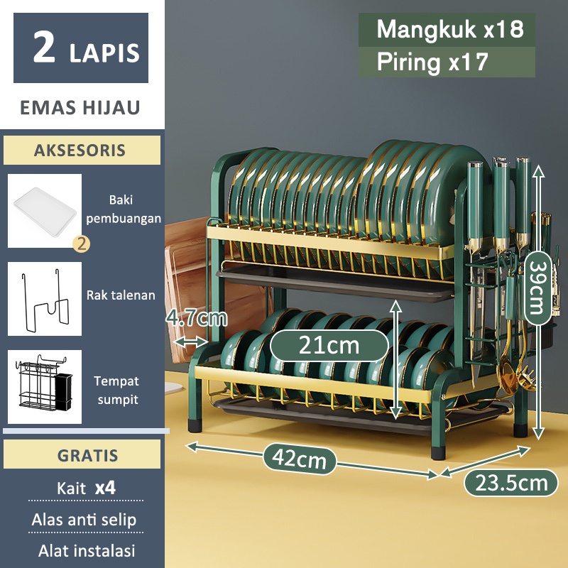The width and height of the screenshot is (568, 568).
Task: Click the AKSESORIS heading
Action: (x=80, y=151)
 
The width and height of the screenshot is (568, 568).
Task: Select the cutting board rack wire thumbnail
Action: (x=45, y=299)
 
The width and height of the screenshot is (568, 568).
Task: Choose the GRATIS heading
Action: (x=80, y=455)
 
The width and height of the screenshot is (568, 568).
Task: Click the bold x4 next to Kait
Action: (x=104, y=488)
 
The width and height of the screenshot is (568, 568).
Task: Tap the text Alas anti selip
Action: (x=83, y=520)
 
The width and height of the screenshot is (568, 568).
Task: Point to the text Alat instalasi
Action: (x=86, y=550)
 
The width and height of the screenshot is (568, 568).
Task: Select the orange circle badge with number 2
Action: (x=82, y=244)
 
